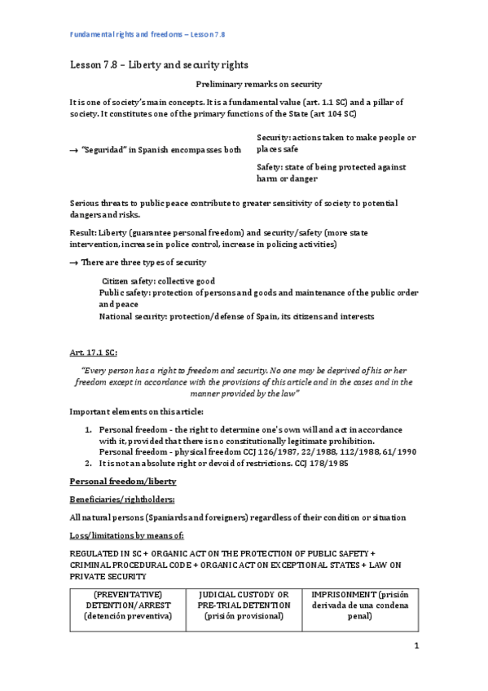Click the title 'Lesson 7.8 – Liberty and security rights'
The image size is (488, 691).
[159, 64]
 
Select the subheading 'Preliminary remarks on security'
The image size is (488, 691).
[259, 84]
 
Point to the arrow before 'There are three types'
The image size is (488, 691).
[73, 262]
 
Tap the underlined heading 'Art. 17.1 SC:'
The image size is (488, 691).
[94, 352]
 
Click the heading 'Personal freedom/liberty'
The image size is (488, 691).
[117, 482]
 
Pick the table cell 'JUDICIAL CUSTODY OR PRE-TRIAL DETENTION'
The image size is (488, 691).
[244, 605]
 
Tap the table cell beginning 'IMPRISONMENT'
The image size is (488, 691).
[359, 605]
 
